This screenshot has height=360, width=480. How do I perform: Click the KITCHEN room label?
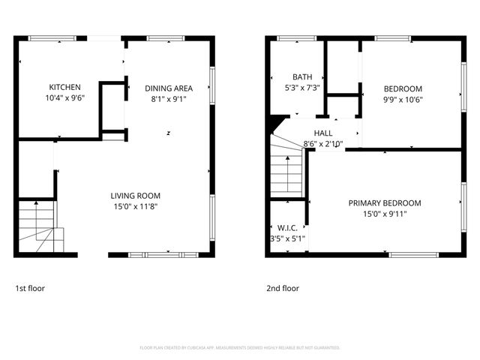pyautogui.click(x=64, y=87)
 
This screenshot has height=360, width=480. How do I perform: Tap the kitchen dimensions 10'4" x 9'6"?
pyautogui.click(x=64, y=97)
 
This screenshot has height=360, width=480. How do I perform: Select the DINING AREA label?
pyautogui.click(x=169, y=88)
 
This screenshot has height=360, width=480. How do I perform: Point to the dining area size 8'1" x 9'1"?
pyautogui.click(x=169, y=98)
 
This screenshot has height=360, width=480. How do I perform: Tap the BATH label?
pyautogui.click(x=302, y=76)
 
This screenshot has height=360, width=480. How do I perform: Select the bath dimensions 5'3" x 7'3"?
pyautogui.click(x=302, y=88)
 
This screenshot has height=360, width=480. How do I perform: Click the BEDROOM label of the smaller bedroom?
pyautogui.click(x=403, y=88)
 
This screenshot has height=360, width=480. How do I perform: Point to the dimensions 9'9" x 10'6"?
pyautogui.click(x=403, y=98)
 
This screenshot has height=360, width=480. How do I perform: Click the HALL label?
pyautogui.click(x=323, y=133)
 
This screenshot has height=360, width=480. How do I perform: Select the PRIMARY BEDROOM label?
pyautogui.click(x=384, y=202)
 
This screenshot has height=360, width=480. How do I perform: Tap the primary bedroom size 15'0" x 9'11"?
pyautogui.click(x=384, y=214)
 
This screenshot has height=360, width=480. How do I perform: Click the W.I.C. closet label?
pyautogui.click(x=286, y=228)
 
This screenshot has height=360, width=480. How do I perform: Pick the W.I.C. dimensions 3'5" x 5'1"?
pyautogui.click(x=286, y=238)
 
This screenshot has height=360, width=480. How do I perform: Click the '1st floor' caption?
pyautogui.click(x=30, y=288)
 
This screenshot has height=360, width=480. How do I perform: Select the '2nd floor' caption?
pyautogui.click(x=283, y=288)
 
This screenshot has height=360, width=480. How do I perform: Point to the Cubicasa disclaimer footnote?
pyautogui.click(x=240, y=347)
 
